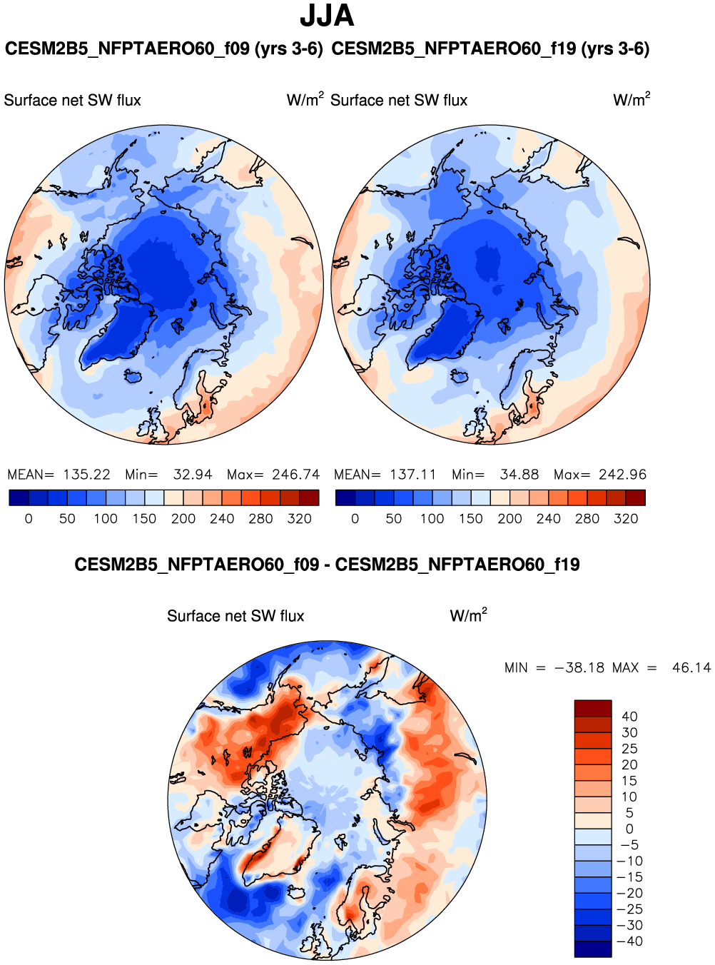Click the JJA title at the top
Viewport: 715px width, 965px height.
pos(327,16)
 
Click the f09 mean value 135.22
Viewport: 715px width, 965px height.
pos(86,475)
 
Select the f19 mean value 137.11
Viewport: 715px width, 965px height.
pos(413,475)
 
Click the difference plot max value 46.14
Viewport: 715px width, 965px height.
pos(691,668)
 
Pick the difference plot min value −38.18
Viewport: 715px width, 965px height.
pos(579,668)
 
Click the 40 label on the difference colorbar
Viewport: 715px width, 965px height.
pos(629,717)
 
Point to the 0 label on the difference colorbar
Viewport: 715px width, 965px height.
pos(629,829)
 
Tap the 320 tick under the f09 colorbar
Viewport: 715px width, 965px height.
pos(299,519)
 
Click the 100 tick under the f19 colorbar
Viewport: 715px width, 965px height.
pos(432,519)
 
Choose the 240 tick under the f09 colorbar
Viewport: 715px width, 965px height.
pos(222,519)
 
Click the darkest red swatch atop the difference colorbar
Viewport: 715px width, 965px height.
pos(593,707)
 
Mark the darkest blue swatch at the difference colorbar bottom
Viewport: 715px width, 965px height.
pos(593,949)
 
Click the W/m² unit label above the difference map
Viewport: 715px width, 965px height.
pos(468,615)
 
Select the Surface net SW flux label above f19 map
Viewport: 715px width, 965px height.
pos(399,101)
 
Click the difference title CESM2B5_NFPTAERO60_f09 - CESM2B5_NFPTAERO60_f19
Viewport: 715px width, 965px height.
pos(327,565)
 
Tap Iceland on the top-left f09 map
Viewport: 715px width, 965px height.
pos(132,375)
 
